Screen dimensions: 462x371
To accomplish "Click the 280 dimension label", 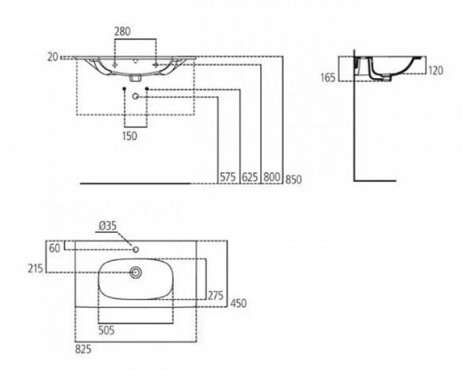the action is coord(122,31).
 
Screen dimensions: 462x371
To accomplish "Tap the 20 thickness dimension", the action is coord(53,57).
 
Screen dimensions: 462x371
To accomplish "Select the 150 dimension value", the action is coord(129,136).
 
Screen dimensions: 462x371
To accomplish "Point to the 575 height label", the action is coord(228,177).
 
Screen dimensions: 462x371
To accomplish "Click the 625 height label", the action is coord(250,177).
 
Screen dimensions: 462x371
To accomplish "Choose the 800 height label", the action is coord(271,177).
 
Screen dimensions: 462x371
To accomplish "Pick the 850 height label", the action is coord(293,179).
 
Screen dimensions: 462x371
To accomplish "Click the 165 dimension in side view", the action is coord(328,77).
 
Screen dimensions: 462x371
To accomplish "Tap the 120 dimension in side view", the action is coord(435,71).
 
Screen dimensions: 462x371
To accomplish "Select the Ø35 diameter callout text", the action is coord(108,226).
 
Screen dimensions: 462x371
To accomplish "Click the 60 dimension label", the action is coord(55,248).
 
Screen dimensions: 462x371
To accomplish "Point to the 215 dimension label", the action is coord(35,268).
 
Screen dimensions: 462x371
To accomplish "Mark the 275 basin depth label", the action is coord(216,295).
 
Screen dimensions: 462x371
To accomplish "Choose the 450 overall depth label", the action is coord(239,303).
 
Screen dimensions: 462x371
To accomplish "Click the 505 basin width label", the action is coord(107,330).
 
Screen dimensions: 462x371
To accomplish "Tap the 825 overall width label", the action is coord(83,350).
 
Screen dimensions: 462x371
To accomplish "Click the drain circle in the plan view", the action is coord(136,273).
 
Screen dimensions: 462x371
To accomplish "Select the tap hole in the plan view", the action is coord(135,250).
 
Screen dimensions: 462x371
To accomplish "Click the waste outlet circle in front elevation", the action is coord(135,96).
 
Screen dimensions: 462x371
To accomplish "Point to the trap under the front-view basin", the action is coord(135,78).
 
